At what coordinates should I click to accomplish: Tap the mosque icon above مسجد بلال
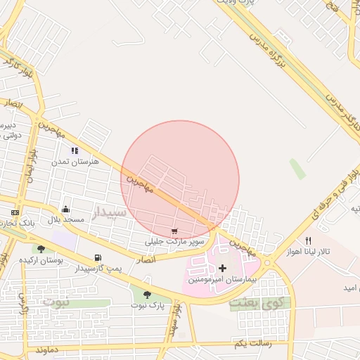click(65, 209)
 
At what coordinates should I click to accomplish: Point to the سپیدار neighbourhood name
click(110, 212)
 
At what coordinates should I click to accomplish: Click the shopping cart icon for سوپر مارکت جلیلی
click(174, 231)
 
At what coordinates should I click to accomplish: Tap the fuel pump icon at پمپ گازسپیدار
click(97, 258)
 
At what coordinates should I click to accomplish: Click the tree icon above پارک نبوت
click(147, 295)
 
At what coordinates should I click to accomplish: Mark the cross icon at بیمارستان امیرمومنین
click(223, 268)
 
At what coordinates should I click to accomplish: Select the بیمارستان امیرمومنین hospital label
click(229, 279)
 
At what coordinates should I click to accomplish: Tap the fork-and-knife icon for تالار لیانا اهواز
click(308, 240)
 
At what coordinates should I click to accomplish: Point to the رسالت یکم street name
click(250, 343)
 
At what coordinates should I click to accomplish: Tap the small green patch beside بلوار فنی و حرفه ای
click(297, 169)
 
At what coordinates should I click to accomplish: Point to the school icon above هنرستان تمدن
click(74, 150)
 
